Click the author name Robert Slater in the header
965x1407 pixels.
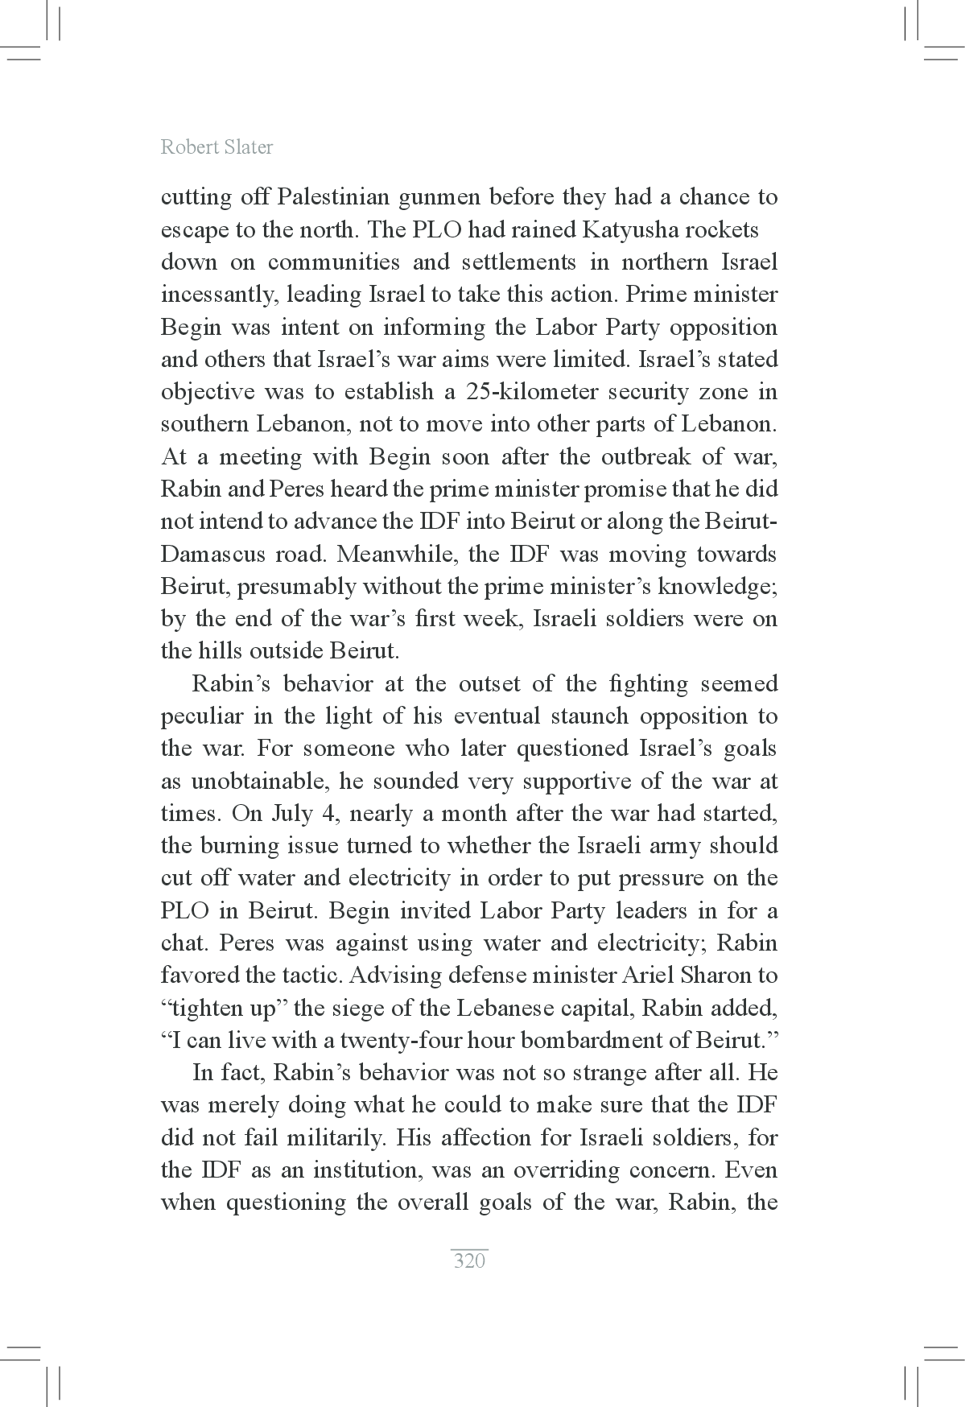(217, 147)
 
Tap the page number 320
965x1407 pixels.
(469, 1261)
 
